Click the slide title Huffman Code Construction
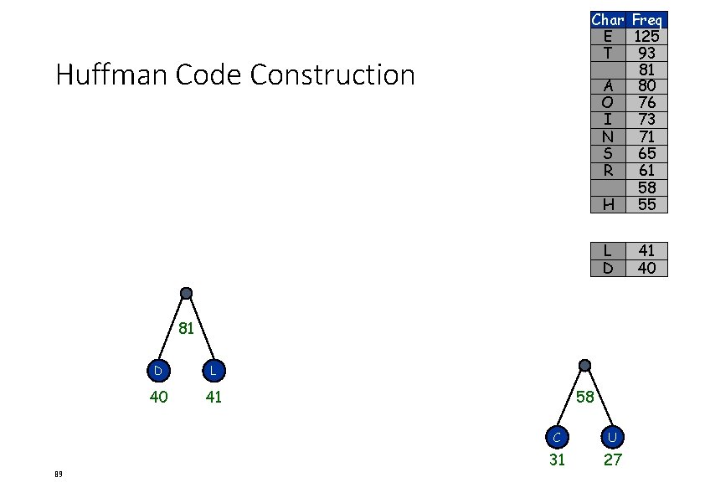pos(235,75)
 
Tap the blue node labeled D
pos(157,370)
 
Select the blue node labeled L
pos(214,370)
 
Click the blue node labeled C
pos(557,436)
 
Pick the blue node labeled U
pos(613,436)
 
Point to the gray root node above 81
pos(186,293)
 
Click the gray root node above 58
pos(584,366)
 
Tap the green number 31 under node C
pos(557,459)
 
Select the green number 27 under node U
pos(613,459)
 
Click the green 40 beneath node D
pos(158,397)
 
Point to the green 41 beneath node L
pos(214,397)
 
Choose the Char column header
pos(608,19)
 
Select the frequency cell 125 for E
pos(646,36)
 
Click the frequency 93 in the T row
pos(646,53)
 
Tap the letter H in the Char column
pos(608,204)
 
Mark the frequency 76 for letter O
pos(646,103)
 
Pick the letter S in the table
pos(608,153)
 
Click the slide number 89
pos(58,475)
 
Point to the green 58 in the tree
pos(585,398)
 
